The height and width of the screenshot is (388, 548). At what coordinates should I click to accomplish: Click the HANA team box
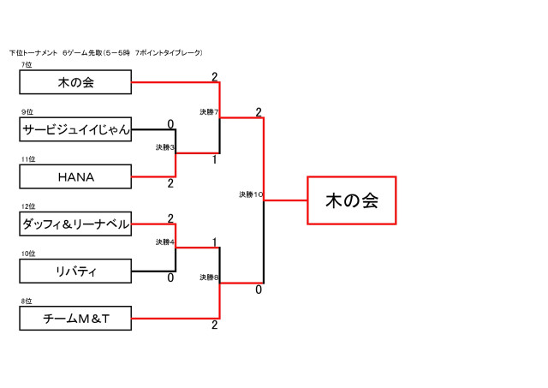click(x=75, y=177)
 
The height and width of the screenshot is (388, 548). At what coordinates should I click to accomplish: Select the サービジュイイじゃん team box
click(x=75, y=129)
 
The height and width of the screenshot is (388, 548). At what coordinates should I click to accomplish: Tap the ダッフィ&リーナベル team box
click(x=75, y=224)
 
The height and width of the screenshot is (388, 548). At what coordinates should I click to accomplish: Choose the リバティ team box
click(x=75, y=272)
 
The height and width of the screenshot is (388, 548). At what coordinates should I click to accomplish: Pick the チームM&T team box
click(x=75, y=319)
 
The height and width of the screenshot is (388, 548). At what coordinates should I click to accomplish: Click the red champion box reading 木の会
click(x=351, y=200)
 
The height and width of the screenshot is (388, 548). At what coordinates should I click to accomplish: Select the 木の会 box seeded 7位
click(x=75, y=82)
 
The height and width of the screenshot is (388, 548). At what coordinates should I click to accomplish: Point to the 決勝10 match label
click(x=251, y=194)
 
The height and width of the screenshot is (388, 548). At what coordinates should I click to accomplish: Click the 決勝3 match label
click(x=165, y=147)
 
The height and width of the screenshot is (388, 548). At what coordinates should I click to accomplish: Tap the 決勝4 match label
click(x=165, y=242)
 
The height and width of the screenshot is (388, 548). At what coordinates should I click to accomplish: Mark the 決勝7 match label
click(x=210, y=112)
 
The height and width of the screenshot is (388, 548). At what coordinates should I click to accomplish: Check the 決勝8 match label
click(x=210, y=278)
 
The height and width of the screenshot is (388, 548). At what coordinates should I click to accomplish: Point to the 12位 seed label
click(x=28, y=206)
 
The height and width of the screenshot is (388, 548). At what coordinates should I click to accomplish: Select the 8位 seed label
click(x=27, y=301)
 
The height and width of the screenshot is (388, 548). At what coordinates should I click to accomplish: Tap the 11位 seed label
click(x=28, y=159)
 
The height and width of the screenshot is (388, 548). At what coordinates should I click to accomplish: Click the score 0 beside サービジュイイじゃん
click(x=170, y=124)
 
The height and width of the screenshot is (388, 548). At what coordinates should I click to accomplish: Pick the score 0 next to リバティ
click(x=170, y=278)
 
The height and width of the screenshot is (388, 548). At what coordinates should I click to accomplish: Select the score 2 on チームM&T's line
click(x=215, y=325)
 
